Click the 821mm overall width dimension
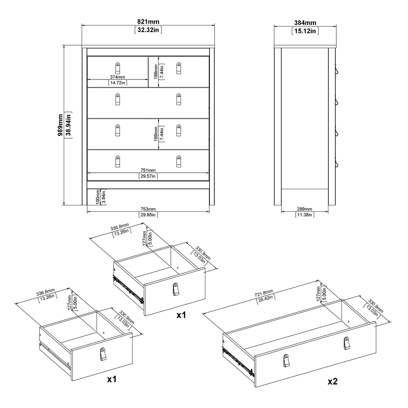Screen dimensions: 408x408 148,22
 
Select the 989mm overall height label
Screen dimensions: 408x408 60,125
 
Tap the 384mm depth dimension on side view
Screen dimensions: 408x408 305,23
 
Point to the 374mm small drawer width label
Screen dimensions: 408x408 117,77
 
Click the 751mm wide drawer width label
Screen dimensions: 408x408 148,170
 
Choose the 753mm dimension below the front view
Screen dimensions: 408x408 148,209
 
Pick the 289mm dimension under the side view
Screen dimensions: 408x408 304,209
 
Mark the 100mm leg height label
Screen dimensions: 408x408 98,197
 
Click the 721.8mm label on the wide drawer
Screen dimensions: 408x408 264,293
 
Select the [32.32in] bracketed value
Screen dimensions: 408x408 148,30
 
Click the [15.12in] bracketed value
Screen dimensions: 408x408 305,31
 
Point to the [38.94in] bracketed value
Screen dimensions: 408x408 68,125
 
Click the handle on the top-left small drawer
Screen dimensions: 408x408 117,68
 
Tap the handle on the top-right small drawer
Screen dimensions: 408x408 179,68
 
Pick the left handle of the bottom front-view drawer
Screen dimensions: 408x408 117,162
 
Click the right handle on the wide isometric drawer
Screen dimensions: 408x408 346,343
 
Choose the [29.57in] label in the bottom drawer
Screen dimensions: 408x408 148,176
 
